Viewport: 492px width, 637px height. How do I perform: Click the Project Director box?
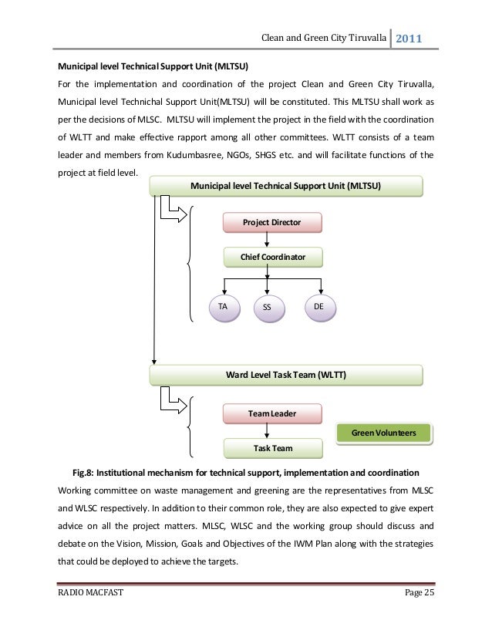pyautogui.click(x=271, y=223)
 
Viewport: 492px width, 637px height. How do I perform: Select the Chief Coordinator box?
pyautogui.click(x=273, y=257)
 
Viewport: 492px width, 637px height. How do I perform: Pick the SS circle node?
pyautogui.click(x=268, y=308)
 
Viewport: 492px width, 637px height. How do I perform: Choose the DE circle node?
pyautogui.click(x=318, y=308)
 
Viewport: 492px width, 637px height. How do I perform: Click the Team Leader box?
pyautogui.click(x=271, y=413)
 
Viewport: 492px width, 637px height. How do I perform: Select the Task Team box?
pyautogui.click(x=271, y=447)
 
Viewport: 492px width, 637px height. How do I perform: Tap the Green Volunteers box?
pyautogui.click(x=383, y=433)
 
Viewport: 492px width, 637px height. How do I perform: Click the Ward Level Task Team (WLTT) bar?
pyautogui.click(x=285, y=375)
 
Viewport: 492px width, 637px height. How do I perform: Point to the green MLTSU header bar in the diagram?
pyautogui.click(x=285, y=186)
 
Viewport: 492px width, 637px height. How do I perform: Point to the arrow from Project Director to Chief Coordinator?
pyautogui.click(x=268, y=240)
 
